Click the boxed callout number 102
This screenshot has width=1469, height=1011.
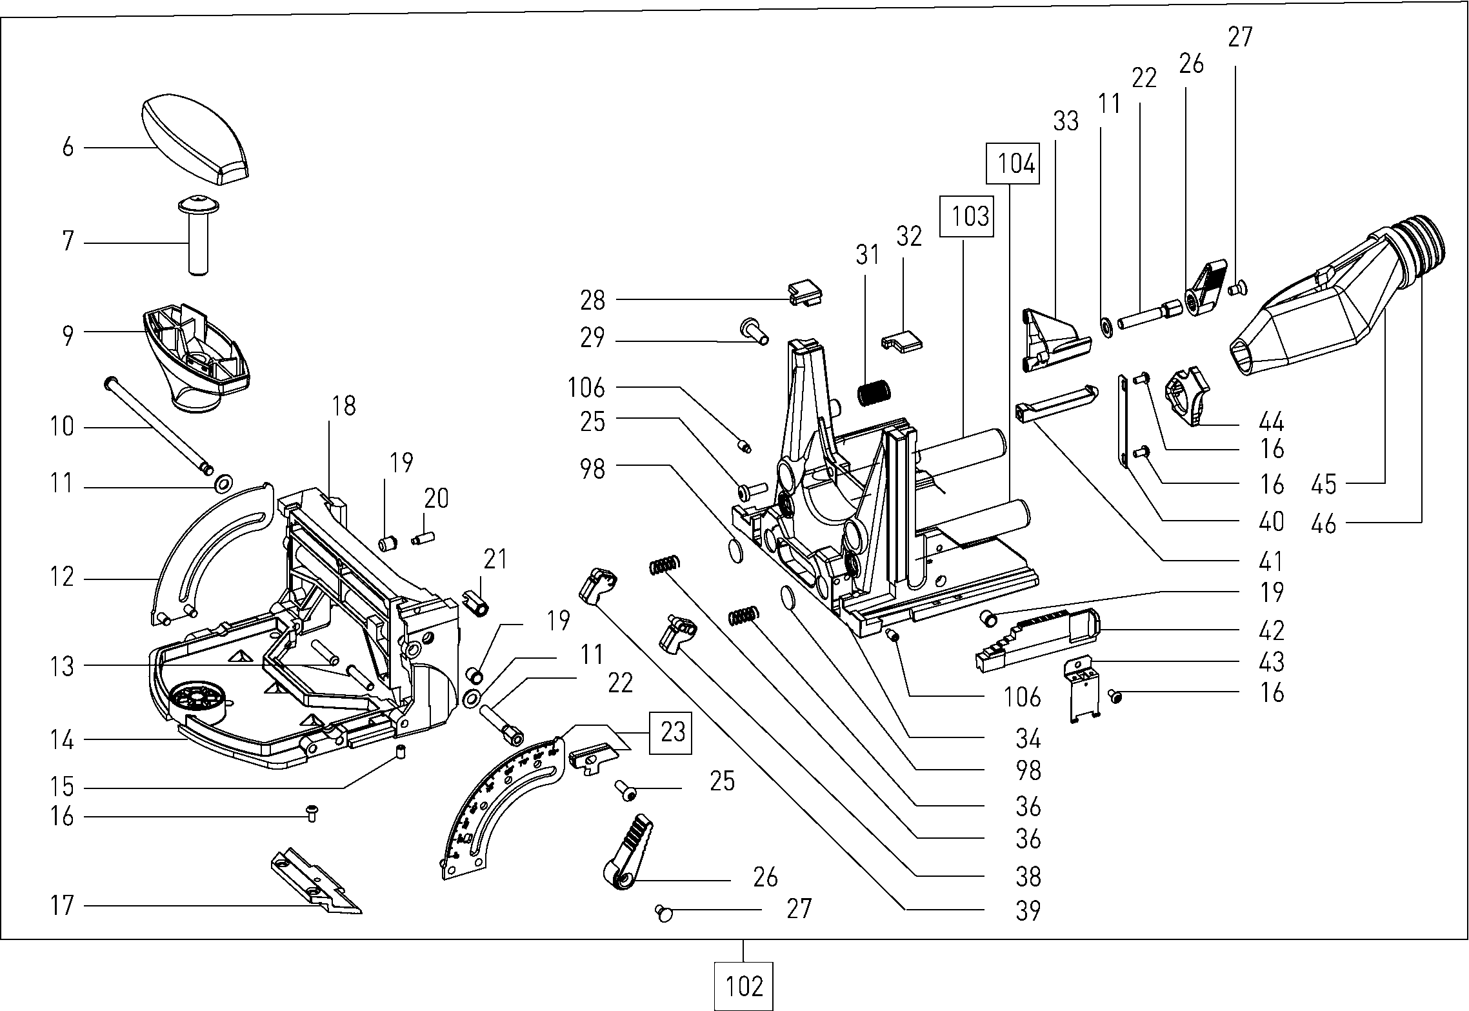tap(743, 986)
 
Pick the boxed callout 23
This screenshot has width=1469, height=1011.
tap(672, 732)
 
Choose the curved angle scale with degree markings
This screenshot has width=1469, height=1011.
tap(500, 806)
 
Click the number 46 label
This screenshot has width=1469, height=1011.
tap(1323, 523)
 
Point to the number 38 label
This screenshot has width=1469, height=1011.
tap(1028, 876)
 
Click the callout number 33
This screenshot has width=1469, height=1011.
tap(1065, 121)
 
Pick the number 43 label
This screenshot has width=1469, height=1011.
tap(1271, 662)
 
